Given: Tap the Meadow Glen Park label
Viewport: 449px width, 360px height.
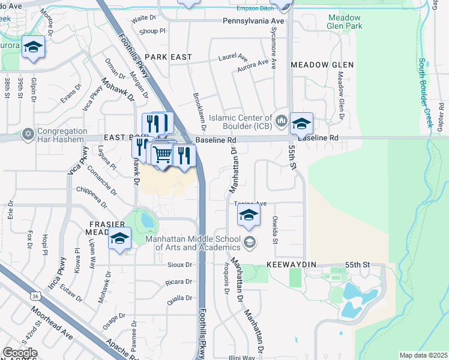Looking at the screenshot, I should coord(345,22).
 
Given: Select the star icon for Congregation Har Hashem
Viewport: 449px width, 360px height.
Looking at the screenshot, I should coord(28,133).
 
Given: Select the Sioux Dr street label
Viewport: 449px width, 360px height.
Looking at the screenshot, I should coord(179,265).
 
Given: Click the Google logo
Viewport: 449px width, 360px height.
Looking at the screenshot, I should coord(20,353).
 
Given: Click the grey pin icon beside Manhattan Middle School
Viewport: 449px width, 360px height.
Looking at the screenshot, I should coord(250,243).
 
